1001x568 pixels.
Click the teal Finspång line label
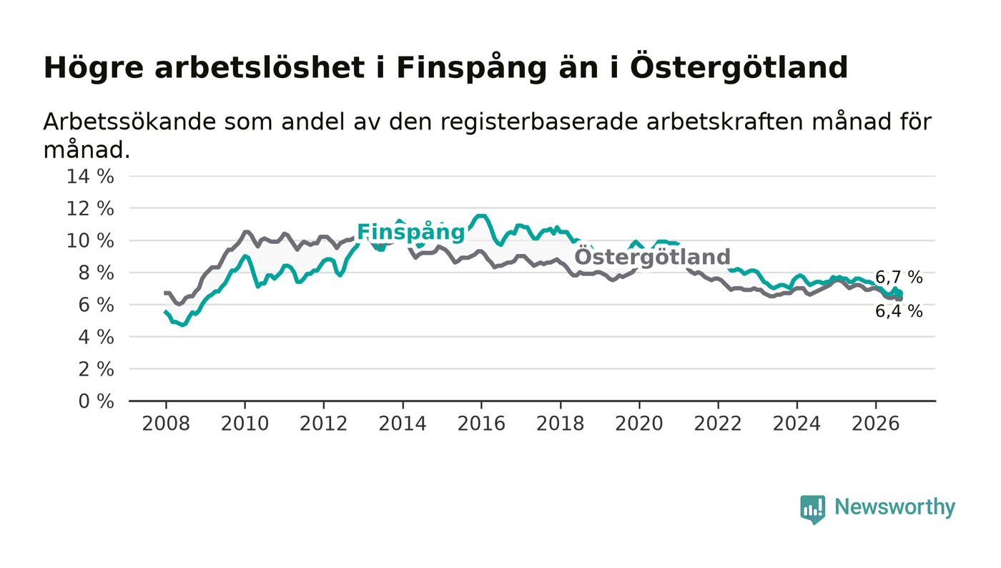[410, 232]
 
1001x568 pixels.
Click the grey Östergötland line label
[652, 257]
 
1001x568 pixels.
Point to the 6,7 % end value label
[899, 278]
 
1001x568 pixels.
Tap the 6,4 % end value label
[899, 311]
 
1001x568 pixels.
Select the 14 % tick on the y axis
[90, 176]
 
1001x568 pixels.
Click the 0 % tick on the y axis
[96, 401]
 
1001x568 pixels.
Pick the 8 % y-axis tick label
[96, 273]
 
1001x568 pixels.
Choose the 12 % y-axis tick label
[90, 208]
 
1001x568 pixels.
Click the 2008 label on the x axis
[166, 424]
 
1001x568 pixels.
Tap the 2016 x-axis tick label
[481, 424]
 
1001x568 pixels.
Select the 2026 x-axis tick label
[875, 424]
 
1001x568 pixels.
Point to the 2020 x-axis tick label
[639, 424]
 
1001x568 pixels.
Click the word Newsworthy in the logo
[894, 507]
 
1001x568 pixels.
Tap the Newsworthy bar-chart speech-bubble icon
[813, 509]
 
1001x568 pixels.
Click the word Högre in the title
[94, 69]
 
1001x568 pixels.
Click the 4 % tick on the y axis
[96, 337]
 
